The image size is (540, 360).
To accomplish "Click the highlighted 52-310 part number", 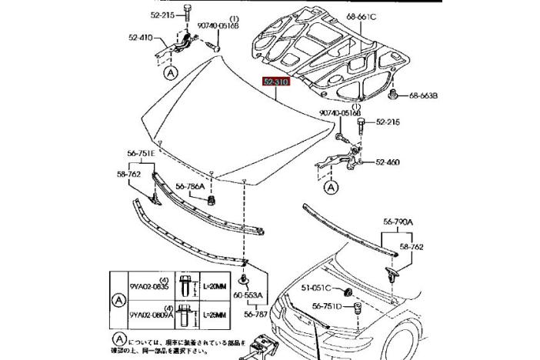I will click(275, 81).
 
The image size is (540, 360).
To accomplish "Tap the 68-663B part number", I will click(422, 96).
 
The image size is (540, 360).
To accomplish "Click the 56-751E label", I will click(142, 153).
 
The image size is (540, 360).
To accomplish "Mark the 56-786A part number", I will click(190, 186).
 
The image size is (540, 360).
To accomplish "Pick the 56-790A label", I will click(398, 222).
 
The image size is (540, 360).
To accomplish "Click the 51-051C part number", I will click(316, 288).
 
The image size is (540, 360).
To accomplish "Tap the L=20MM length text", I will click(215, 286).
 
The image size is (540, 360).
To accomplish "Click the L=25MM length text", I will click(215, 315).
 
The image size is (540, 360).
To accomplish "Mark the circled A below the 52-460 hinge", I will click(331, 186).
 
